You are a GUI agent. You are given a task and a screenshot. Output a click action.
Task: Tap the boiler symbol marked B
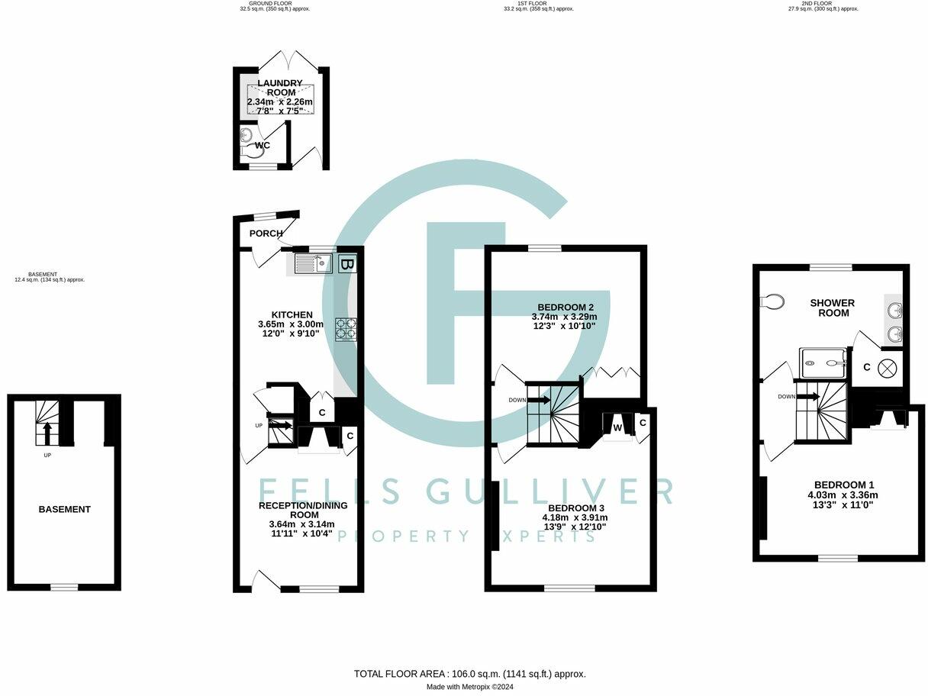346,264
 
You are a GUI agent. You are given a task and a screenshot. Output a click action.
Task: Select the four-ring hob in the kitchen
345,328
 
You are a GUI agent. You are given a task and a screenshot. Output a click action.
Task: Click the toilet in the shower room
772,301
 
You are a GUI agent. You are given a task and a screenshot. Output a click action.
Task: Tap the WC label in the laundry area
263,145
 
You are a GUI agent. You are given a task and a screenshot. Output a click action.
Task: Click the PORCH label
266,234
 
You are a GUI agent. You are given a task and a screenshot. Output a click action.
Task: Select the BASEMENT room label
65,509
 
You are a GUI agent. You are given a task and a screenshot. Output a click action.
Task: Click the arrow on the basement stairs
47,432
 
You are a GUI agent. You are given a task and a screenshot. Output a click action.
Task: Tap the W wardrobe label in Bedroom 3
617,427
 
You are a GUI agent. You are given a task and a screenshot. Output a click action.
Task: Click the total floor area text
469,674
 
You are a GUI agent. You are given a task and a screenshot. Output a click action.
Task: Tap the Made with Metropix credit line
469,687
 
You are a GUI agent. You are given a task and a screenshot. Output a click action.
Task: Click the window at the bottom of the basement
64,587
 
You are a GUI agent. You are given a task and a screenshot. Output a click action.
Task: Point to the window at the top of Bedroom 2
544,248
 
